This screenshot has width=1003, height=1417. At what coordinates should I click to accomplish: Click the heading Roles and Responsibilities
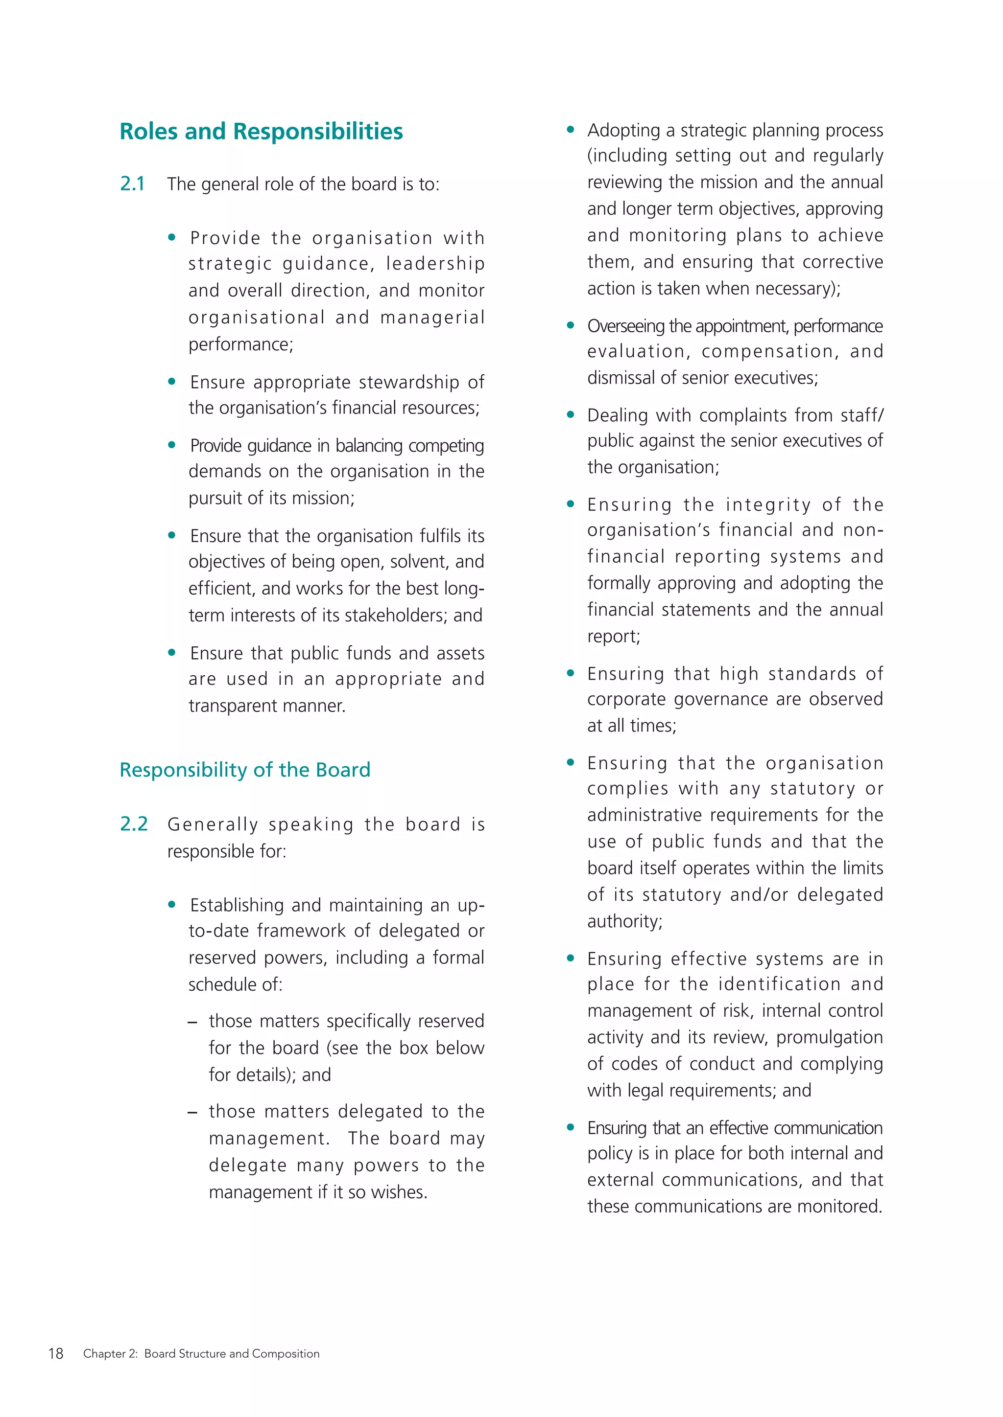tap(261, 132)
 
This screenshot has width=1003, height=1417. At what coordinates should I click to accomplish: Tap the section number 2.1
tap(132, 184)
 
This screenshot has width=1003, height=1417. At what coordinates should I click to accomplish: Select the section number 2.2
tap(133, 824)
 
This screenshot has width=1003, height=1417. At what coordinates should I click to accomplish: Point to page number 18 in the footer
tap(55, 1353)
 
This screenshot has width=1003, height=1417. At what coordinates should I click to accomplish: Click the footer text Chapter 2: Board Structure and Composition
tap(201, 1353)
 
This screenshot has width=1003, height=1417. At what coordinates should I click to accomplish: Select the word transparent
tap(225, 706)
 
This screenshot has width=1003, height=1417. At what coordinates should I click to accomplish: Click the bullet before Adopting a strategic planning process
tap(570, 130)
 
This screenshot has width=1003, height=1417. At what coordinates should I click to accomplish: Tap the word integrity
tap(768, 505)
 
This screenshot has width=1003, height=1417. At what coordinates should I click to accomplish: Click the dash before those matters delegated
tap(192, 1112)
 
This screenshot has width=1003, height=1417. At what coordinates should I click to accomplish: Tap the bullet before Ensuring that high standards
tap(570, 673)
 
